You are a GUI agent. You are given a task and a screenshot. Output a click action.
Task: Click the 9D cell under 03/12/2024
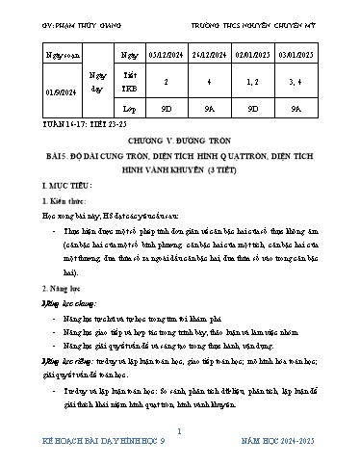click(x=167, y=121)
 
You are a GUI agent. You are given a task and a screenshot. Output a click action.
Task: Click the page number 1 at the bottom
click(x=179, y=435)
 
